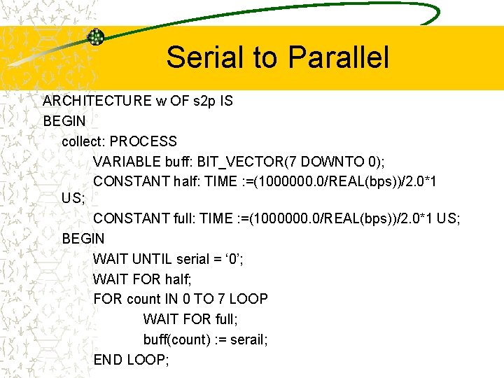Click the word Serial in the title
pyautogui.click(x=203, y=57)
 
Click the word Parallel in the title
pyautogui.click(x=335, y=57)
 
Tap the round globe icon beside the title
pyautogui.click(x=95, y=37)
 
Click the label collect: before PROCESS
pyautogui.click(x=83, y=141)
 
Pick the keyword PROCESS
pyautogui.click(x=143, y=141)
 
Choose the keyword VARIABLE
pyautogui.click(x=127, y=162)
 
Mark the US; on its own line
pyautogui.click(x=73, y=198)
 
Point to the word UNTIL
pyautogui.click(x=150, y=259)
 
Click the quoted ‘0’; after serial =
pyautogui.click(x=230, y=259)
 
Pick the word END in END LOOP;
pyautogui.click(x=108, y=360)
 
